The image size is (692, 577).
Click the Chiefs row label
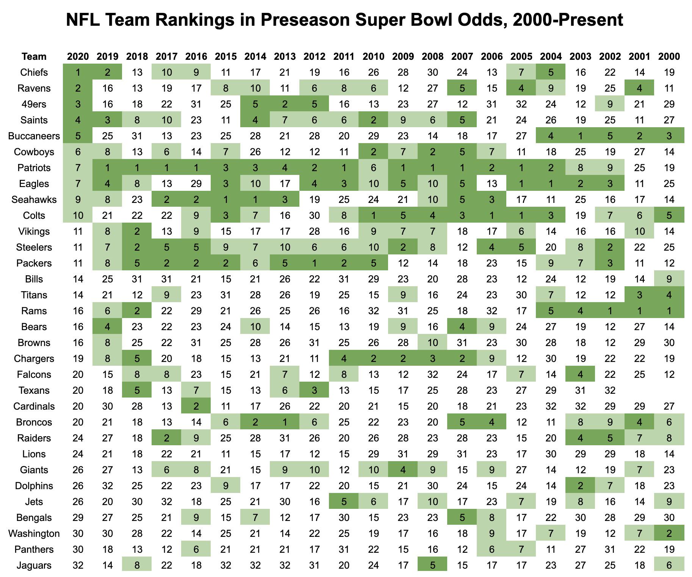34,72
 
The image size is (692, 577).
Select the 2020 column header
78,56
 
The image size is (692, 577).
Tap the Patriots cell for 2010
373,168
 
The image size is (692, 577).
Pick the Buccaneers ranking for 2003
580,136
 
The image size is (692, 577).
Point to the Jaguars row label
34,565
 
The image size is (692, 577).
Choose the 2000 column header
669,56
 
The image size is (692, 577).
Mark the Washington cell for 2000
669,533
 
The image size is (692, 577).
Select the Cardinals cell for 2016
196,406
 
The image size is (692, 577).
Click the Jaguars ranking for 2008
432,565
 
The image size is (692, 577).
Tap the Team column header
34,56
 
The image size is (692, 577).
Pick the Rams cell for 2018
137,311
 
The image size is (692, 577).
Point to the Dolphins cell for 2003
580,486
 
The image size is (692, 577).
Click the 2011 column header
344,56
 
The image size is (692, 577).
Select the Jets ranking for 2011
344,502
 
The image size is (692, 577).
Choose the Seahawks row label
34,200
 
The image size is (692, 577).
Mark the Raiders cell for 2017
166,438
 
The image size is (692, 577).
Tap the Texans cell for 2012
314,390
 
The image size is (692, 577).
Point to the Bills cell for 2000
669,279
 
